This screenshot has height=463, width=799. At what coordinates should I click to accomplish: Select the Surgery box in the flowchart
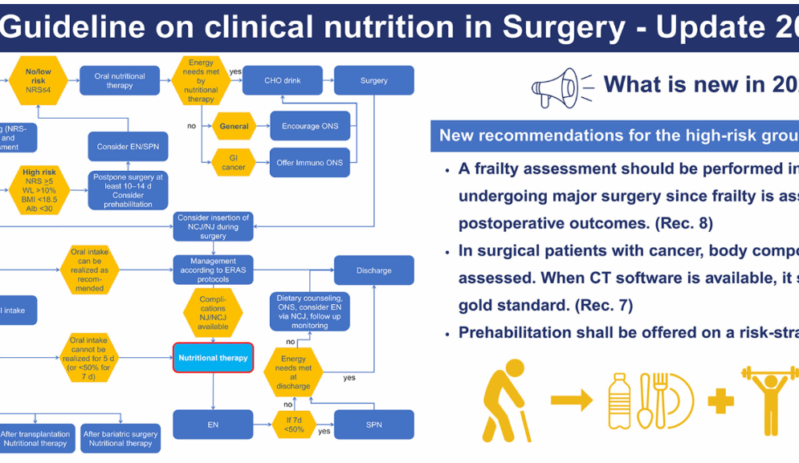tap(373, 80)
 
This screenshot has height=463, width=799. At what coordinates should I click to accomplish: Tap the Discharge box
tap(373, 270)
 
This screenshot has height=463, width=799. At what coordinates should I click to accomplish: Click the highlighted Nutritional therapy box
tap(213, 358)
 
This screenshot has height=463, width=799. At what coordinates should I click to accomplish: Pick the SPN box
tap(373, 424)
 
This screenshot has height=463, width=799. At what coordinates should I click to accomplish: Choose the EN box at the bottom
tap(213, 424)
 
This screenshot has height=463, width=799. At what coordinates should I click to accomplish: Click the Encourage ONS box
tap(310, 126)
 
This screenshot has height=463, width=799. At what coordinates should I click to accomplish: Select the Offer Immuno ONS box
tap(310, 162)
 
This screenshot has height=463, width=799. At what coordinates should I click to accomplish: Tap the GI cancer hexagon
tap(234, 162)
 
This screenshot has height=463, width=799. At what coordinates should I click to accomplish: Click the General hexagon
tap(234, 126)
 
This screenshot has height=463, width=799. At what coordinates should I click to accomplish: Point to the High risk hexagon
tap(39, 189)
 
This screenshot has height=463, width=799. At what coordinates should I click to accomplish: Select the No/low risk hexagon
tap(39, 80)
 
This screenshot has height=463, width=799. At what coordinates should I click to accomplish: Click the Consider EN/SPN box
tap(128, 147)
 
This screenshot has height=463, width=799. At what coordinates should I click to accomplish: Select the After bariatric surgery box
tap(120, 439)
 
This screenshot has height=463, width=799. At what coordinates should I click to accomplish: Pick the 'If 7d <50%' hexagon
tap(293, 424)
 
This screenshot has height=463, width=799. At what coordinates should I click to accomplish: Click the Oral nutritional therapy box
tap(120, 80)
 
